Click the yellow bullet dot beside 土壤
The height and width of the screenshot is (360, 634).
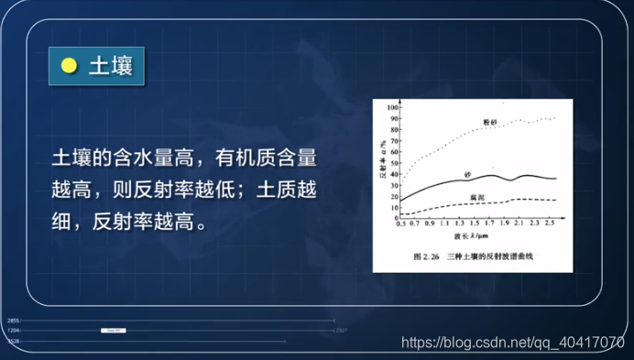(69, 66)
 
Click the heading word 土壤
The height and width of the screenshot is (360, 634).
(109, 66)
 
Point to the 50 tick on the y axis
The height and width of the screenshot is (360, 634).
(392, 162)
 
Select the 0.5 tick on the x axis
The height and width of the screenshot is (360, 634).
(399, 224)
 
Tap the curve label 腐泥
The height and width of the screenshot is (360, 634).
(476, 197)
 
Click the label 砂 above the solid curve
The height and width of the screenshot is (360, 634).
(468, 172)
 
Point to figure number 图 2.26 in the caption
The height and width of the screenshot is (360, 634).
(428, 256)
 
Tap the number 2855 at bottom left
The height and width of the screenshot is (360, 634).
(13, 321)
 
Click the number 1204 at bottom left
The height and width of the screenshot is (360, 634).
(13, 330)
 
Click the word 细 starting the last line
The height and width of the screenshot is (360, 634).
(61, 223)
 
